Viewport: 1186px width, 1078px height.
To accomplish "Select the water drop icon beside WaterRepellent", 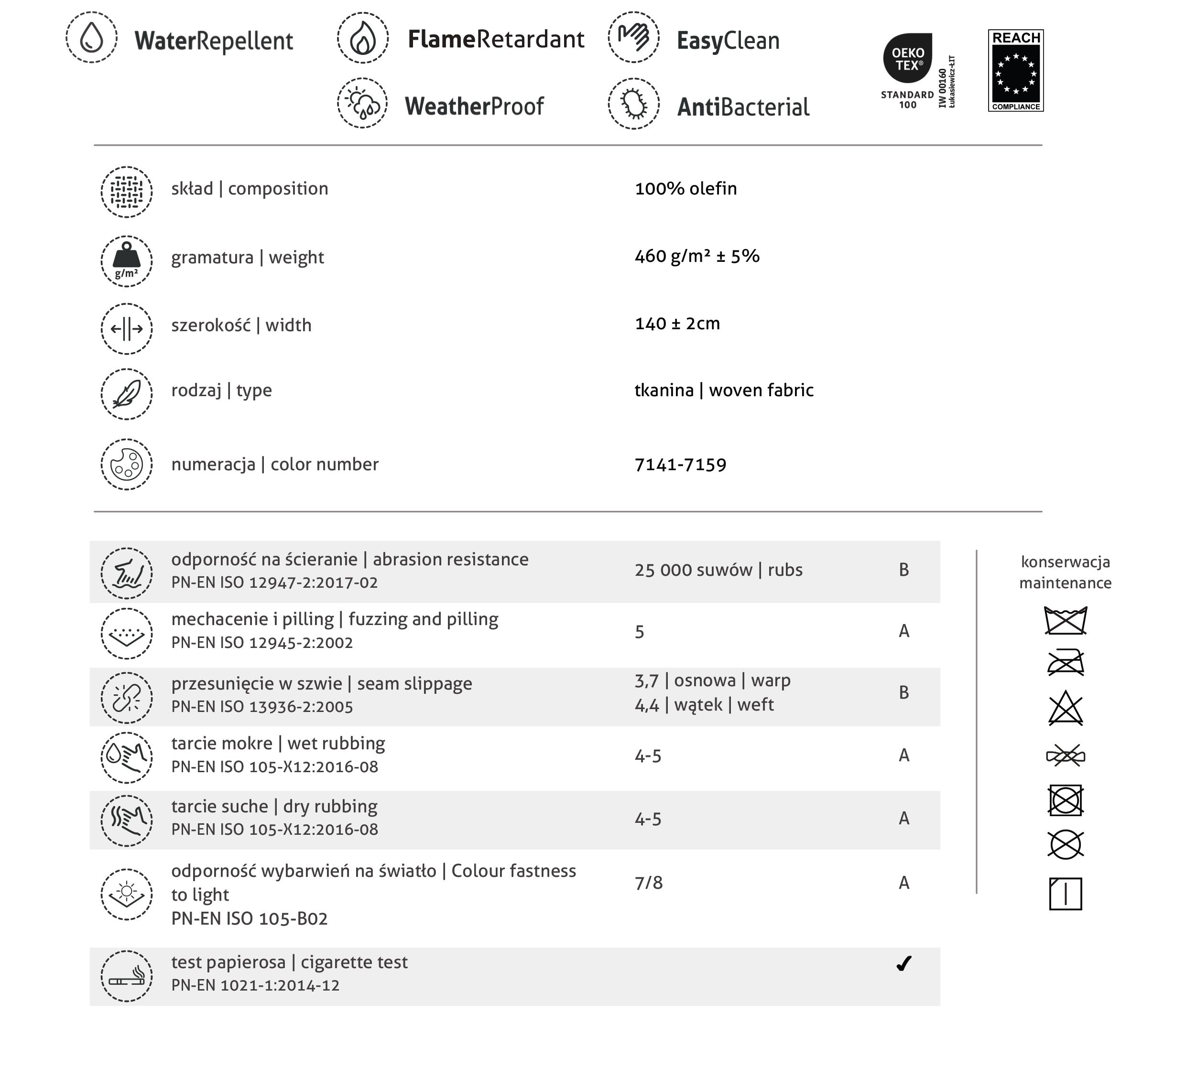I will coord(92,38).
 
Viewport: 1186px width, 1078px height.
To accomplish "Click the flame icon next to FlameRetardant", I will coord(362,38).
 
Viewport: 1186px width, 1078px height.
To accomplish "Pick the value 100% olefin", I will coord(685,189).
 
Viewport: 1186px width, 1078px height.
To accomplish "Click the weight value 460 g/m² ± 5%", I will coord(696,257).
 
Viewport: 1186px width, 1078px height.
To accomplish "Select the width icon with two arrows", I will coord(127,329).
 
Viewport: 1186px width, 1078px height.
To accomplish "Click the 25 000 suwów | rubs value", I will coord(718,570).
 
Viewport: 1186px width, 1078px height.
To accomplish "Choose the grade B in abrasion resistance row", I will coord(903,570).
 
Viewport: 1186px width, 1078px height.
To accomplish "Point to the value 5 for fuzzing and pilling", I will coord(640,632).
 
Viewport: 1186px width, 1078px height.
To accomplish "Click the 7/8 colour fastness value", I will coord(648,883).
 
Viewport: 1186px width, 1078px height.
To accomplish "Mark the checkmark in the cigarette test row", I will coord(903,964).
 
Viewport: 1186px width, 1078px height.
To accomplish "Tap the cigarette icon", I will coord(127,976).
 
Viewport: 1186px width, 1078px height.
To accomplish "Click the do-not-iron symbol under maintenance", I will coord(1066,663).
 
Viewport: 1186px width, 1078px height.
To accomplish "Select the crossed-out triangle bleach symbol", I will coord(1066,708).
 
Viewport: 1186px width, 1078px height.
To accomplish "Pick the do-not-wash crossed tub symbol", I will coord(1066,620).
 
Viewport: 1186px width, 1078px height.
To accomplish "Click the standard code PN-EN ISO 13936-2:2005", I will coord(262,707).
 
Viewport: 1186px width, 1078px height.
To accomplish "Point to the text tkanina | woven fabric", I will coord(724,390).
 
